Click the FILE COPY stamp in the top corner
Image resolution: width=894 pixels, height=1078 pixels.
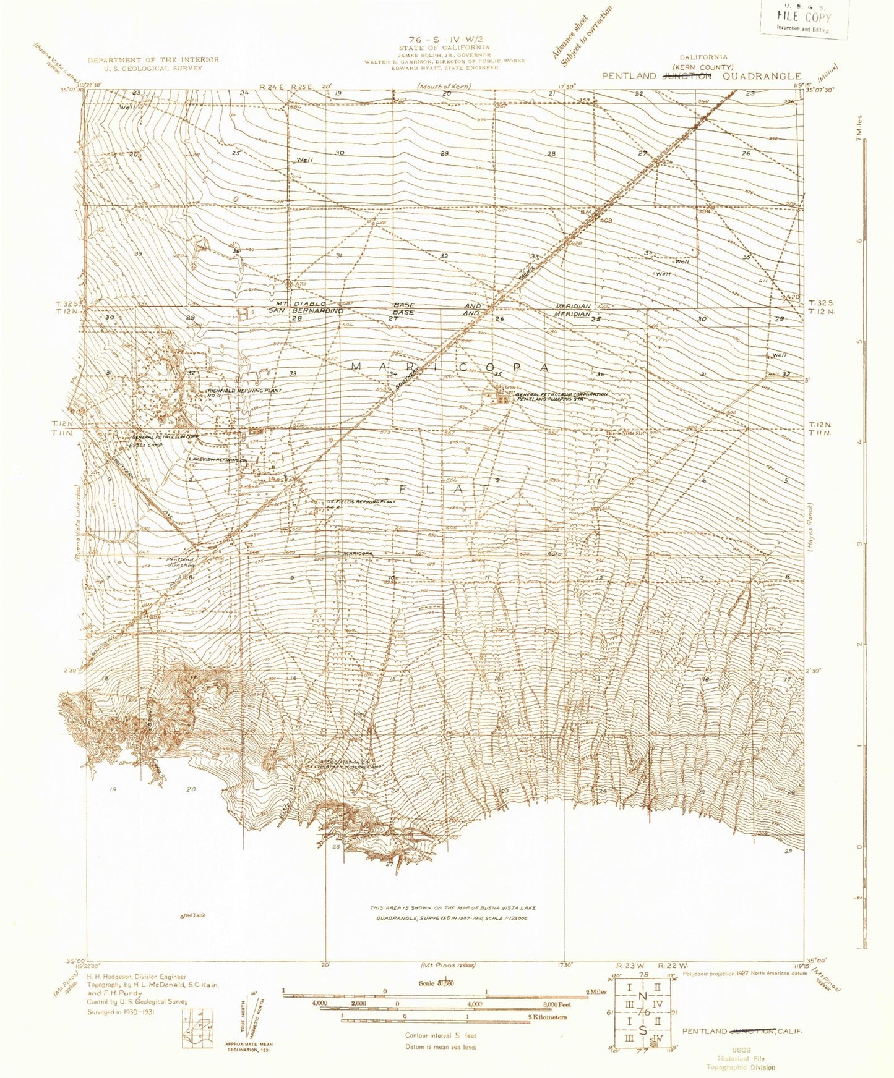804,18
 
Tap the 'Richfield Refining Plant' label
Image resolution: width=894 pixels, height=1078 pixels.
244,391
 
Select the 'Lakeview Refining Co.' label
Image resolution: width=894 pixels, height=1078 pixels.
218,460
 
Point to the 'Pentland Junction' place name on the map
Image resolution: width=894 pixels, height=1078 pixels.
180,562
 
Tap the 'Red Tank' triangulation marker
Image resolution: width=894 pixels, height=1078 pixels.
193,915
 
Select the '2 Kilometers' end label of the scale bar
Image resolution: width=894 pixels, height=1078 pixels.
547,1017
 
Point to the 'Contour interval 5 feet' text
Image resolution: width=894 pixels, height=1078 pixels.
441,1035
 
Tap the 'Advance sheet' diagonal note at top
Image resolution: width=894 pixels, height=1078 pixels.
570,38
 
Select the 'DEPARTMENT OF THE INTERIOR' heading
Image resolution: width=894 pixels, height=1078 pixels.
153,60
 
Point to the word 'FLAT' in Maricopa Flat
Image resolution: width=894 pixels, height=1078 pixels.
444,488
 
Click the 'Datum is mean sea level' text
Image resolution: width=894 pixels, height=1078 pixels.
441,1046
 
